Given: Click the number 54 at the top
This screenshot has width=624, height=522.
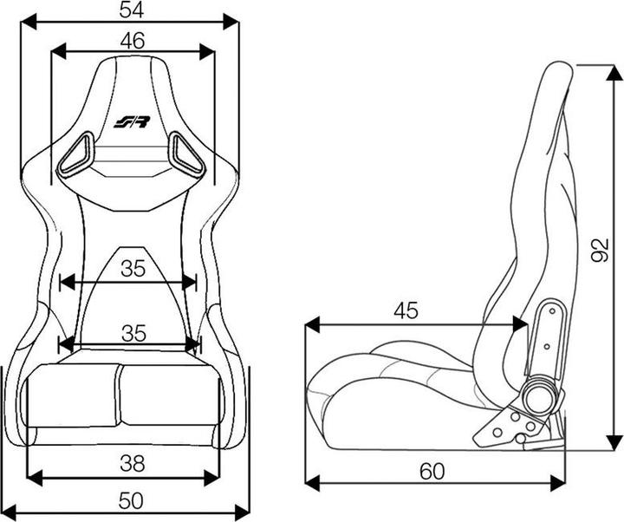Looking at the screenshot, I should (133, 10).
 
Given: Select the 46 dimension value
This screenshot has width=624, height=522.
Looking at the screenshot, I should (133, 40).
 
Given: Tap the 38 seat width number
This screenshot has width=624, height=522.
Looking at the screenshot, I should (132, 464).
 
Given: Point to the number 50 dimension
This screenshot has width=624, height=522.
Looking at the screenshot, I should (132, 501).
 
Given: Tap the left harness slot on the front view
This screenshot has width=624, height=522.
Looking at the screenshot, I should (75, 153).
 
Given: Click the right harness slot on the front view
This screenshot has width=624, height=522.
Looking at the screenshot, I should (186, 153).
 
